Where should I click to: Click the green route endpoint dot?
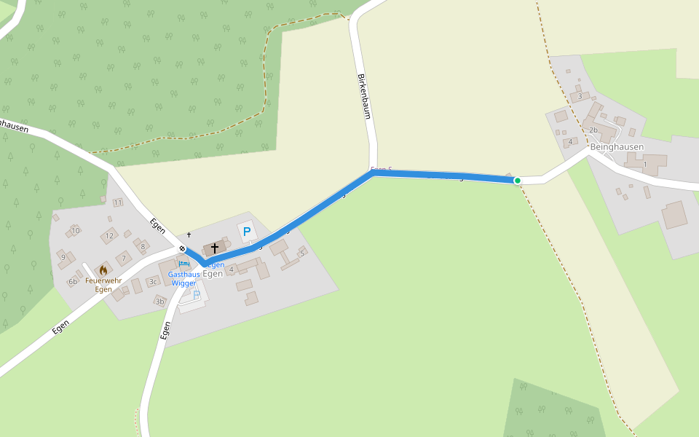click(517, 180)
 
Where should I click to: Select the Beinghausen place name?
click(617, 146)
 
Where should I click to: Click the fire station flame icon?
click(103, 270)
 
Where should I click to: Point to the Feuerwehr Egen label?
click(103, 285)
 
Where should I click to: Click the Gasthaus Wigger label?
click(183, 279)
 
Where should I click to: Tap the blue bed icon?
click(183, 263)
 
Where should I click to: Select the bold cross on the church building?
click(215, 248)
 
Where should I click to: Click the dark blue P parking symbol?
click(247, 232)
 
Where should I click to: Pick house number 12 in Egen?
click(109, 235)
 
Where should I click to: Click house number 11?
click(118, 202)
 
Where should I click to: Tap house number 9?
click(63, 257)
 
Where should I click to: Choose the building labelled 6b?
click(73, 281)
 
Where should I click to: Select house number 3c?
click(153, 281)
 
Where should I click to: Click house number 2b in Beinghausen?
click(593, 130)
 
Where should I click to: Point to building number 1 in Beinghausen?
click(645, 164)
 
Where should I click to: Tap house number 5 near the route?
click(302, 253)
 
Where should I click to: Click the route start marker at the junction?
click(181, 249)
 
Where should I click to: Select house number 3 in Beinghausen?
click(580, 96)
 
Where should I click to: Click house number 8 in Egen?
click(143, 246)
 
